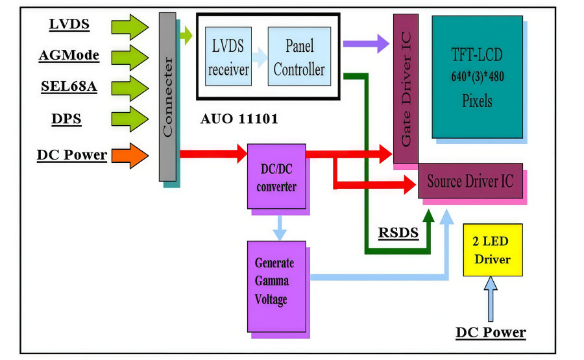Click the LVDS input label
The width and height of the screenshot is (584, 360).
point(69,25)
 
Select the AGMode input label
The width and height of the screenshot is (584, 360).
point(69,55)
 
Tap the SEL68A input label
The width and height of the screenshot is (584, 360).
point(69,87)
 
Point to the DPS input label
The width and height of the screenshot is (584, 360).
point(66,119)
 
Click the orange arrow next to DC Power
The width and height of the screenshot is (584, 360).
point(130,156)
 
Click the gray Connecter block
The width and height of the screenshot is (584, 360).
point(167,97)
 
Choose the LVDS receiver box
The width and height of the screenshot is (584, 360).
point(228,56)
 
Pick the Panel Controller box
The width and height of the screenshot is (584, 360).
point(299,56)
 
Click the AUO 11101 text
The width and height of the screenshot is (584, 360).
point(240,119)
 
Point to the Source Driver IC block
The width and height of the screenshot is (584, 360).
point(470,181)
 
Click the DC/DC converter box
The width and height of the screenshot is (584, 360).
point(276,176)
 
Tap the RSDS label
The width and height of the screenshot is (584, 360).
point(398,233)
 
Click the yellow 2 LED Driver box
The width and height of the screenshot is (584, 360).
point(492,250)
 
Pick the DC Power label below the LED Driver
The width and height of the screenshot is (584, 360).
point(491,333)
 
